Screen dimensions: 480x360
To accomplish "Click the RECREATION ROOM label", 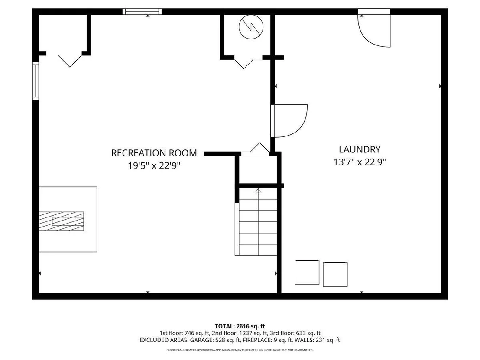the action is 154,153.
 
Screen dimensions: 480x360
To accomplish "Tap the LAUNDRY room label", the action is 360,149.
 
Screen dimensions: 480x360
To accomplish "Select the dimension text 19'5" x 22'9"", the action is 154,165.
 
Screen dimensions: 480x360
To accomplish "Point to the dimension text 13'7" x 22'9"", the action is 360,162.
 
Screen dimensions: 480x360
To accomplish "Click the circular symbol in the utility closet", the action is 251,26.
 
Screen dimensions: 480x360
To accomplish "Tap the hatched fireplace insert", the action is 62,221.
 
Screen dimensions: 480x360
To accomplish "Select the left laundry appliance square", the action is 307,272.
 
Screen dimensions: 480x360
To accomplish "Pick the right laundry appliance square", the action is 335,274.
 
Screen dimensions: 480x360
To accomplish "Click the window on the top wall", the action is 142,12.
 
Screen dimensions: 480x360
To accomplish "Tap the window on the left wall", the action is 36,81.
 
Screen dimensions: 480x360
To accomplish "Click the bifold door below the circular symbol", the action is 243,63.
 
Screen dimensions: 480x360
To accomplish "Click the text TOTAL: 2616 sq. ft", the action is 240,326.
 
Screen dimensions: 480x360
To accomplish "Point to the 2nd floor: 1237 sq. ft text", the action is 237,333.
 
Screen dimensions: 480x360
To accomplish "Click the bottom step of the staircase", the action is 258,250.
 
